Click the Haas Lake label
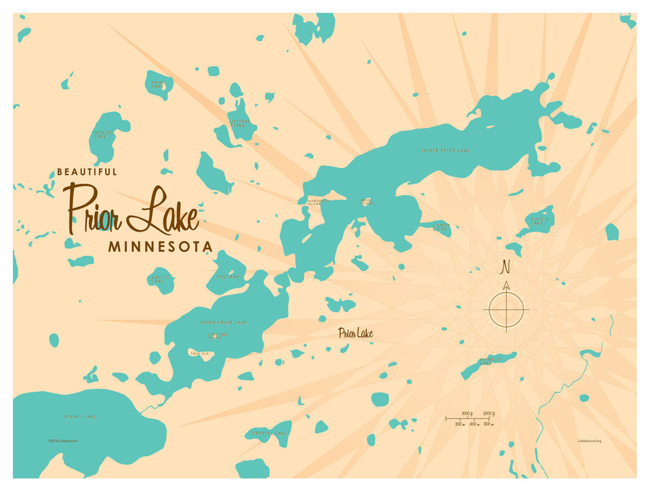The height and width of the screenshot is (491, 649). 157,84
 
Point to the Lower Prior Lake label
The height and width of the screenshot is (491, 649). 445,151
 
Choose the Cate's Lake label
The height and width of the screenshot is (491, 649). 537,221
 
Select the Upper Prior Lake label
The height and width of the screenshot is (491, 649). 224,322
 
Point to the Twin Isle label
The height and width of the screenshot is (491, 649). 199,354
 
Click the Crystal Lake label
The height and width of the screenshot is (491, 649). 269,433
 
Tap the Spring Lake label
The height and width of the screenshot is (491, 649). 80,417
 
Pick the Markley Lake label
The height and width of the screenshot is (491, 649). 490,361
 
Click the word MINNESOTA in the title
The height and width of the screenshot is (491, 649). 161,247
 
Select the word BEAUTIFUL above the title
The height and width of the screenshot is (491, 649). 87,172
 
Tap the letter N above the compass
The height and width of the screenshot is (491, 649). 505,267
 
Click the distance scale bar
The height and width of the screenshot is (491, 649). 469,418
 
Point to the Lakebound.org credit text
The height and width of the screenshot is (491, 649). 589,440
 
